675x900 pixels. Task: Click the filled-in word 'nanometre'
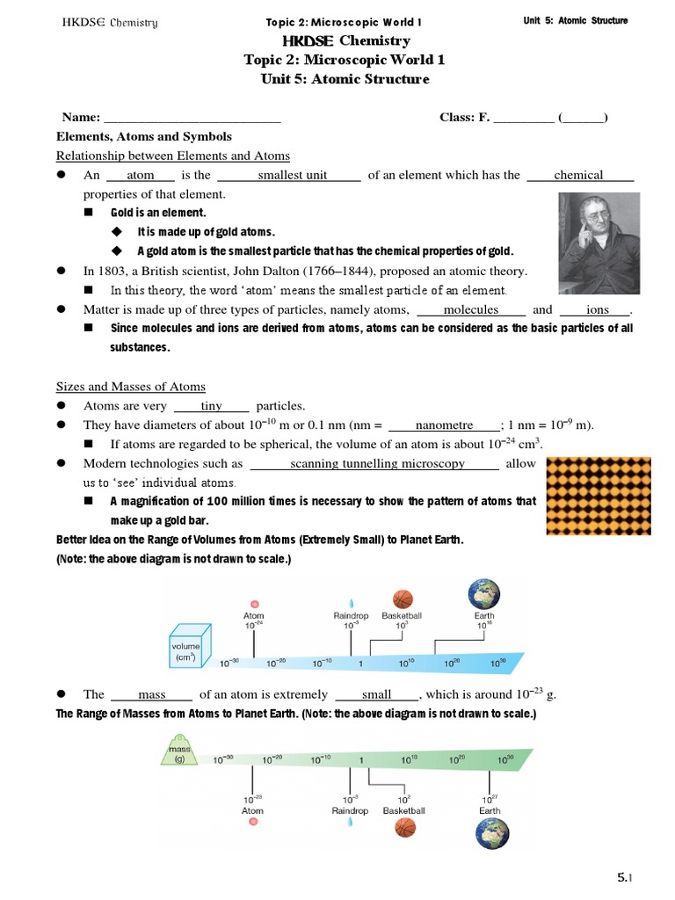(444, 425)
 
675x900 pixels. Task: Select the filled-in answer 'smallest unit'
(293, 175)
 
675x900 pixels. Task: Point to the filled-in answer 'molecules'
(470, 309)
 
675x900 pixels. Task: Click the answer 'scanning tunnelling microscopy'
(377, 463)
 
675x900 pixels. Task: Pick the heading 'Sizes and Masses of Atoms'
(131, 386)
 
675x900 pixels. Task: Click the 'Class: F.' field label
(464, 118)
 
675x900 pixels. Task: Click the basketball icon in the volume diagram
(403, 599)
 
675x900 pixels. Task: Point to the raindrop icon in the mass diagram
(351, 824)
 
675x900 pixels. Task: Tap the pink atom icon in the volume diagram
(254, 604)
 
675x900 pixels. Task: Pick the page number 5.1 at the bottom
(625, 877)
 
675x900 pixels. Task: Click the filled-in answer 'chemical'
(578, 175)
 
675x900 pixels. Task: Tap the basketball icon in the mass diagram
(404, 827)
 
